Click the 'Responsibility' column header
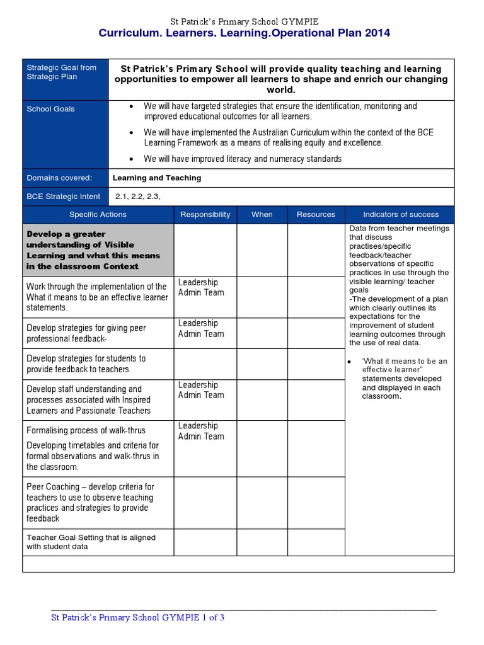click(x=205, y=214)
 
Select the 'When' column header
click(x=262, y=214)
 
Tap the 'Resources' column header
click(x=316, y=214)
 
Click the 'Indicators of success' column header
click(x=401, y=214)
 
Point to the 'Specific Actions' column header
click(x=98, y=214)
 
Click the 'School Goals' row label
click(x=50, y=109)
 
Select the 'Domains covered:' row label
click(x=59, y=178)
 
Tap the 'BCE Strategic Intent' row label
click(x=63, y=197)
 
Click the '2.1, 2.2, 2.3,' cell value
click(x=137, y=197)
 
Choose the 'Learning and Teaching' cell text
click(x=157, y=178)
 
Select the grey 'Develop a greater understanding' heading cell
click(x=98, y=250)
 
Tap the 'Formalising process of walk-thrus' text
click(x=86, y=430)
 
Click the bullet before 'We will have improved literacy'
click(x=130, y=159)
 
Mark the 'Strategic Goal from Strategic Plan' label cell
click(x=61, y=72)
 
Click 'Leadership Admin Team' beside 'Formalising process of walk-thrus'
click(x=201, y=431)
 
